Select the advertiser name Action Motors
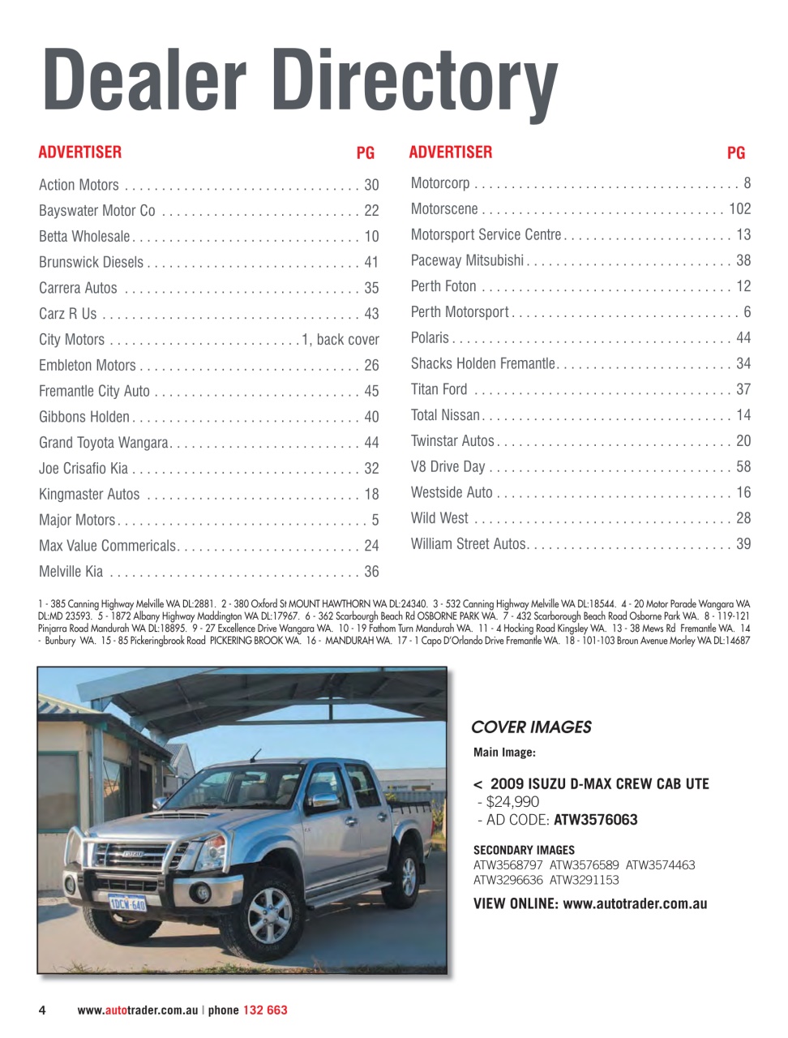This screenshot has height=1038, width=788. (x=79, y=185)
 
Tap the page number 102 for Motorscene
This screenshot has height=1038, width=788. (x=739, y=208)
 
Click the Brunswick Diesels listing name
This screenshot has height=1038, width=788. (x=91, y=262)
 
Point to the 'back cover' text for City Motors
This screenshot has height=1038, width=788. (x=348, y=339)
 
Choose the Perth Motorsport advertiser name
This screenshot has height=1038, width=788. (x=460, y=312)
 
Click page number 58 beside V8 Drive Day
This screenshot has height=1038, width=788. (x=743, y=466)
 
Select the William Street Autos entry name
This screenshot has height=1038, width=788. (x=469, y=544)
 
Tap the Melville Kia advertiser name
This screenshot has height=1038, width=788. (x=71, y=572)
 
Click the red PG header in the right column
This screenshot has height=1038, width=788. (x=735, y=152)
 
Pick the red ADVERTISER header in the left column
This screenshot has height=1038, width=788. (x=80, y=152)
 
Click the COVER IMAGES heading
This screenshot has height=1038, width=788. (x=531, y=727)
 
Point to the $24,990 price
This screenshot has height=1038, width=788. (x=512, y=802)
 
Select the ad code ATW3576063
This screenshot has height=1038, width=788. (x=595, y=820)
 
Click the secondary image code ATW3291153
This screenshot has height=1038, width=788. (x=584, y=880)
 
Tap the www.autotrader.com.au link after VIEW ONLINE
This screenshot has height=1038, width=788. (x=635, y=903)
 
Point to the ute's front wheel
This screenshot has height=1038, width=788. (x=268, y=914)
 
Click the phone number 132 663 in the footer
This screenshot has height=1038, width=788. (x=265, y=1010)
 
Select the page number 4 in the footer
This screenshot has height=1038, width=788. (x=42, y=1010)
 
